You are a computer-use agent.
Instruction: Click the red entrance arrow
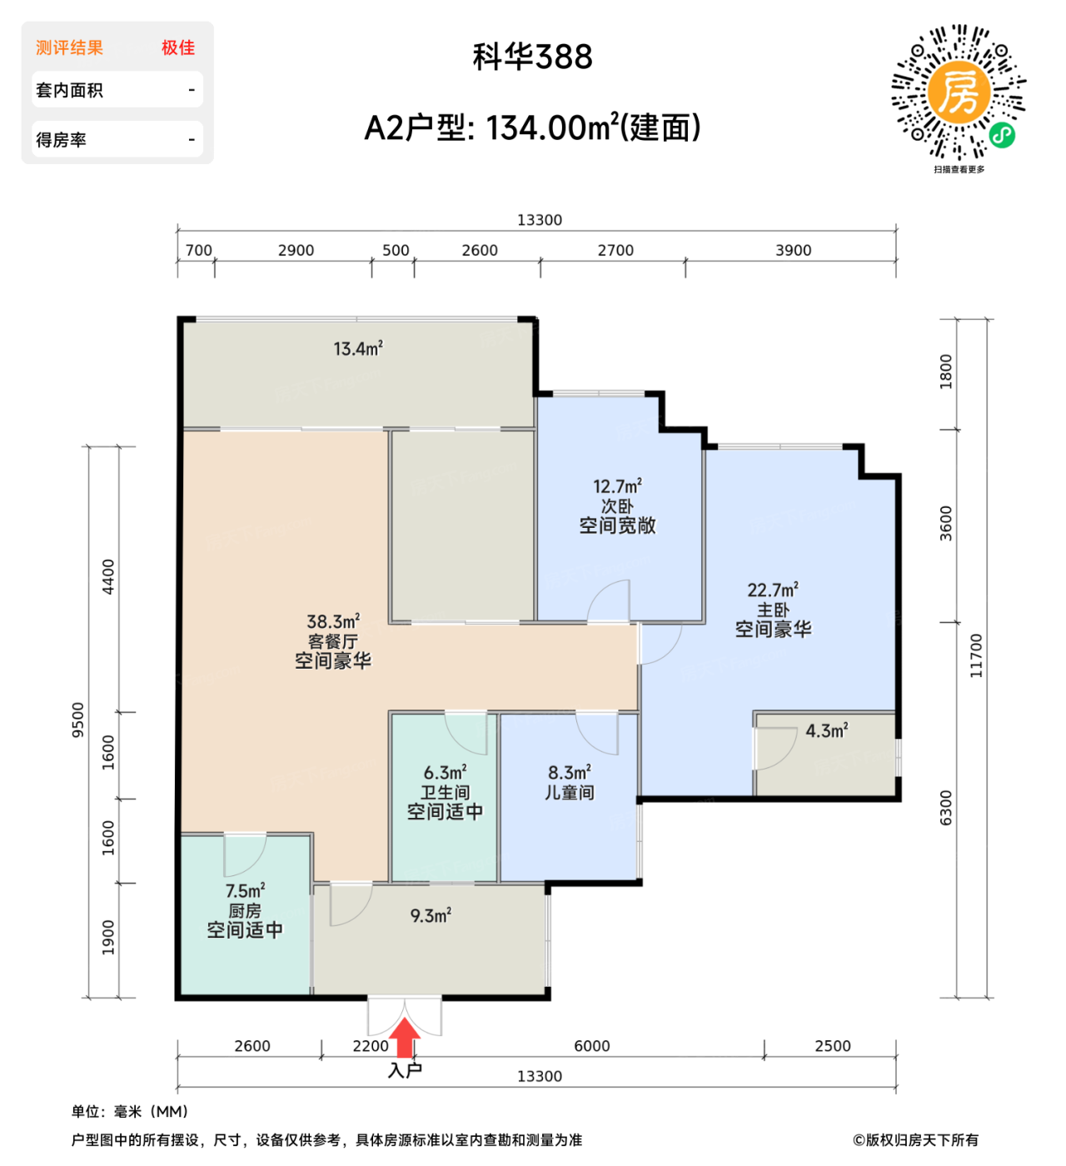coord(406,1039)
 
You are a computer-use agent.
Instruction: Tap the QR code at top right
coord(959,92)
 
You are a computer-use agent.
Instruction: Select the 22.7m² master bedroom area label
coord(773,590)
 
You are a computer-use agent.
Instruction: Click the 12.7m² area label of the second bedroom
coord(617,486)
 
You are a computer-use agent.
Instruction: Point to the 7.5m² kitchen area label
coord(245,891)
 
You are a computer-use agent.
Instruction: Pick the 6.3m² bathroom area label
coord(445,773)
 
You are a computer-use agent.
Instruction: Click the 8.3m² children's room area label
coord(570,773)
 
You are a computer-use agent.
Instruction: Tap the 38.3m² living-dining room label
coord(333,622)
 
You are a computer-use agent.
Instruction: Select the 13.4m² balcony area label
coord(358,349)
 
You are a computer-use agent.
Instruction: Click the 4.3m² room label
coord(826,731)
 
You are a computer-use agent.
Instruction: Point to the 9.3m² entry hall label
coord(431,916)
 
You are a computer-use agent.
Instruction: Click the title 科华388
coord(533,57)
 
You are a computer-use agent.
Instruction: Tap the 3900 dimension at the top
coord(793,250)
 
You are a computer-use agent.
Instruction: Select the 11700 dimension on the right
coord(976,655)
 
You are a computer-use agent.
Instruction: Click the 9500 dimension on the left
coord(78,720)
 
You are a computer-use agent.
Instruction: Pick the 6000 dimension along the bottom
coord(592,1046)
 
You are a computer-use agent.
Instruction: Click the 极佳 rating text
coord(178,48)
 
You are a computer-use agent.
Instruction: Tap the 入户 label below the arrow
coord(406,1070)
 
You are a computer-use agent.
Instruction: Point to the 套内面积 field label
coord(70,90)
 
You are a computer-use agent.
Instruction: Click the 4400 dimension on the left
coord(108,577)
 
